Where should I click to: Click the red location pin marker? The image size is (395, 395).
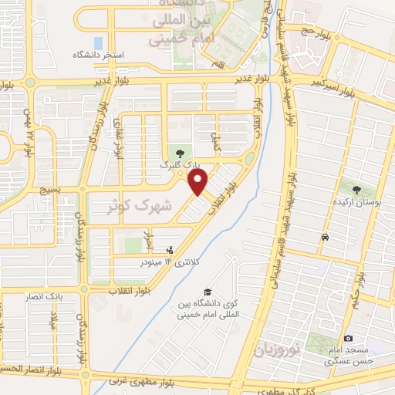pyautogui.click(x=198, y=182)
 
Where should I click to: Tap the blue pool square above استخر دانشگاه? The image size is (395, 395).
pyautogui.click(x=97, y=42)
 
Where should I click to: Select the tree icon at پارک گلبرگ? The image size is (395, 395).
pyautogui.click(x=180, y=154)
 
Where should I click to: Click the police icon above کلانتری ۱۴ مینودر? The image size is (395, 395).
pyautogui.click(x=170, y=249)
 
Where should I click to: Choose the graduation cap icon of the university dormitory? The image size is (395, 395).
pyautogui.click(x=207, y=292)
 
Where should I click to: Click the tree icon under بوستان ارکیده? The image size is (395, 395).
pyautogui.click(x=356, y=189)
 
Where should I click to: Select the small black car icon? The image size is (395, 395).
pyautogui.click(x=326, y=236)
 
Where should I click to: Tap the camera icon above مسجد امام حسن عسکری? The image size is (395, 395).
pyautogui.click(x=348, y=339)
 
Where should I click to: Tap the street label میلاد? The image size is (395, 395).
pyautogui.click(x=55, y=322)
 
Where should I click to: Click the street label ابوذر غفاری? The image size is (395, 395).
pyautogui.click(x=118, y=137)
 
